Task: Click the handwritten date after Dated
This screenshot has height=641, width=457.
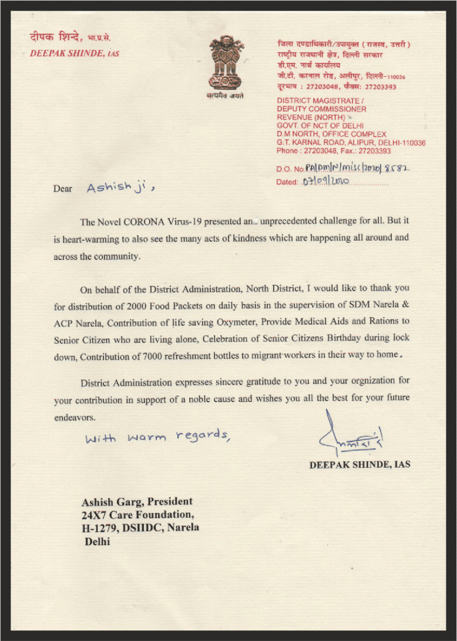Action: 325,182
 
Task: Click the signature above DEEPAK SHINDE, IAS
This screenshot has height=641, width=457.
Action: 350,436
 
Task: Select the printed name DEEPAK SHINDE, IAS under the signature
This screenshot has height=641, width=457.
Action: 360,464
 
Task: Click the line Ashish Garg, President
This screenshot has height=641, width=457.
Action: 137,502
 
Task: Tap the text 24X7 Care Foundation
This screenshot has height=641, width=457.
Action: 136,515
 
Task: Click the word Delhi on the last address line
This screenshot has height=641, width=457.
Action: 98,542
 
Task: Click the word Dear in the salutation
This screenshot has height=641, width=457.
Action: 63,189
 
